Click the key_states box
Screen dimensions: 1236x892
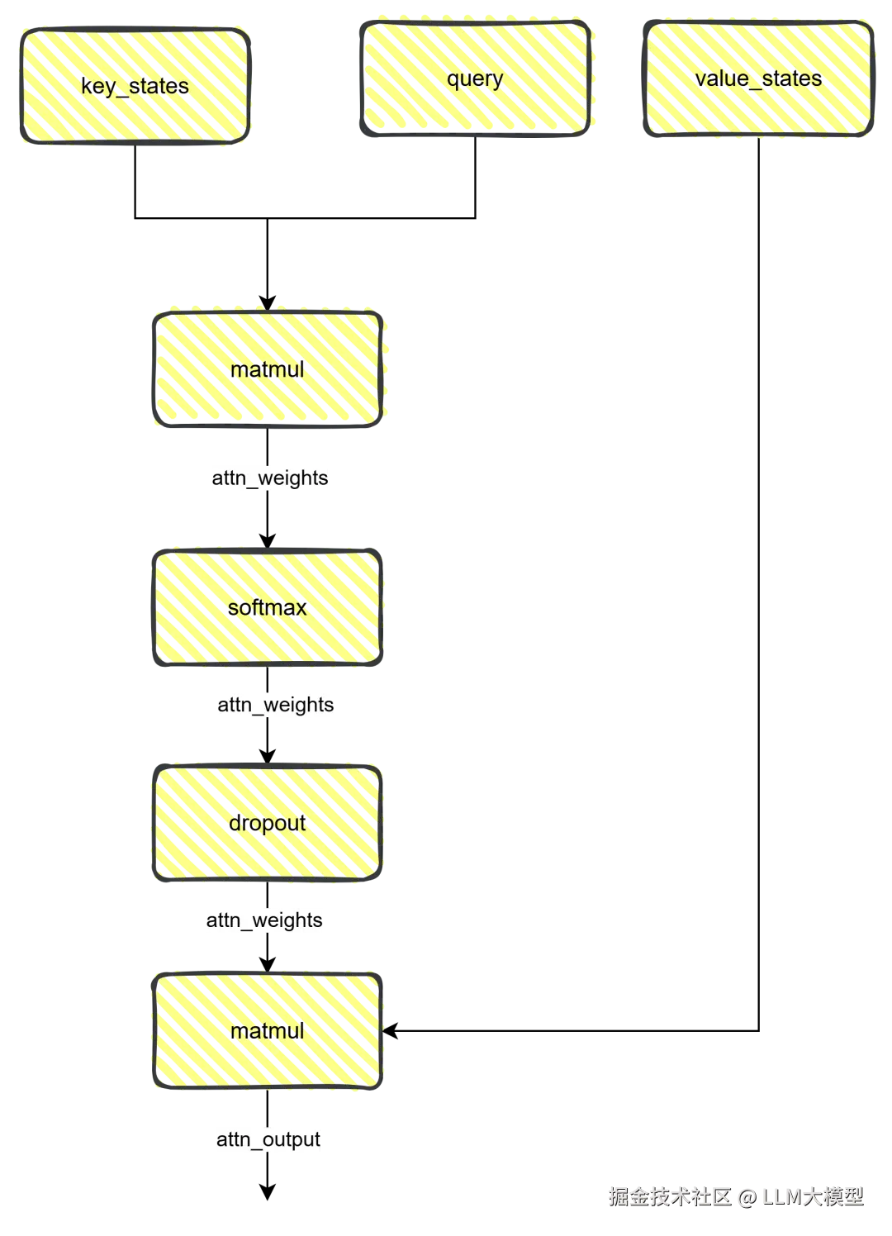[x=135, y=86]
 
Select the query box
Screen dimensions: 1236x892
[x=475, y=78]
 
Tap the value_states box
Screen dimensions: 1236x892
[x=758, y=78]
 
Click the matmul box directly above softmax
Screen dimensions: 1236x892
[x=268, y=368]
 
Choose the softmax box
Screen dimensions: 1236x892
[x=268, y=607]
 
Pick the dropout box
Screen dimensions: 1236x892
[x=268, y=823]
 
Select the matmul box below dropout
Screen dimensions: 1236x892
[x=268, y=1030]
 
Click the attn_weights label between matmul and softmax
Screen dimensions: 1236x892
[x=270, y=478]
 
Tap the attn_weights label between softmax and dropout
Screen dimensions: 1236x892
[x=277, y=705]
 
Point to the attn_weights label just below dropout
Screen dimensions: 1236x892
[x=264, y=920]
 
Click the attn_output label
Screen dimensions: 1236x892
[x=268, y=1140]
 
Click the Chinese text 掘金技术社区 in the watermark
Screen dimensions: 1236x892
[x=670, y=1196]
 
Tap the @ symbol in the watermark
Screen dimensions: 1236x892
[x=747, y=1196]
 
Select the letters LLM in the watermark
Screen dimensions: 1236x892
[x=781, y=1196]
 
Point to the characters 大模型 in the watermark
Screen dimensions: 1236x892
[x=833, y=1196]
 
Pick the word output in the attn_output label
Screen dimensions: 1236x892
[x=292, y=1140]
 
